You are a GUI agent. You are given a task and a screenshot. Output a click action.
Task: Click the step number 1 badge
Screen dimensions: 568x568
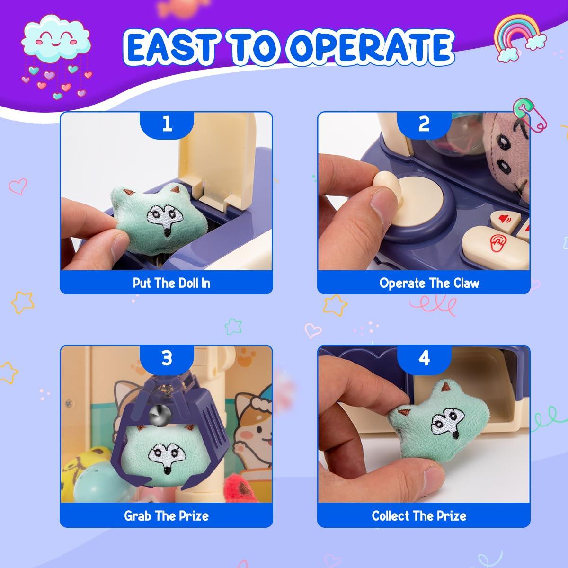pos(167,124)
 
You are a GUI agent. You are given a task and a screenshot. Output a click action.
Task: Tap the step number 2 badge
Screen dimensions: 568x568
pos(424,124)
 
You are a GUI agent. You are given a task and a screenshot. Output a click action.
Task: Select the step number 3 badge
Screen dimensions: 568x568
pos(167,358)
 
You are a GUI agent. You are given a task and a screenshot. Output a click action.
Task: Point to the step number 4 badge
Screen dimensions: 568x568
pos(424,358)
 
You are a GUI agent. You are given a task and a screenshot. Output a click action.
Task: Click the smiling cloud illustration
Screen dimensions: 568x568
pos(56,38)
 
